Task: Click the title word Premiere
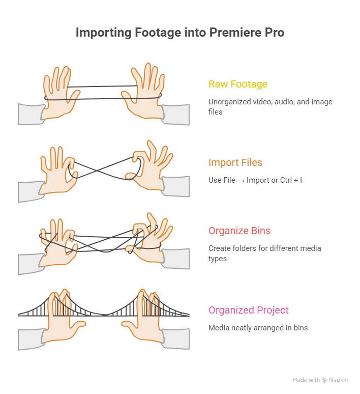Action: (x=235, y=32)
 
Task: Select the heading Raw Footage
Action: (x=238, y=84)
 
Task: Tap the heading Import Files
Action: (x=235, y=162)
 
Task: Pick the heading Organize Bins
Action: (x=239, y=231)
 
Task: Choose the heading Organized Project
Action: (x=248, y=310)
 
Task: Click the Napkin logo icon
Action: (x=324, y=380)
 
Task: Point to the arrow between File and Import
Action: (x=241, y=181)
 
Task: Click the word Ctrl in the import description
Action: (x=286, y=180)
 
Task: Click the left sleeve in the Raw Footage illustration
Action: (x=31, y=114)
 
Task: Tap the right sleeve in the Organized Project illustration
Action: (x=176, y=339)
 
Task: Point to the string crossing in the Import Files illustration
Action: (x=97, y=171)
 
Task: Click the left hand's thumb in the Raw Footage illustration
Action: (x=73, y=97)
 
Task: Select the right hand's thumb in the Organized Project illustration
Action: (x=129, y=325)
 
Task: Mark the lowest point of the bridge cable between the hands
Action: (x=106, y=315)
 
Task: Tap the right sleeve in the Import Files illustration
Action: (x=176, y=186)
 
